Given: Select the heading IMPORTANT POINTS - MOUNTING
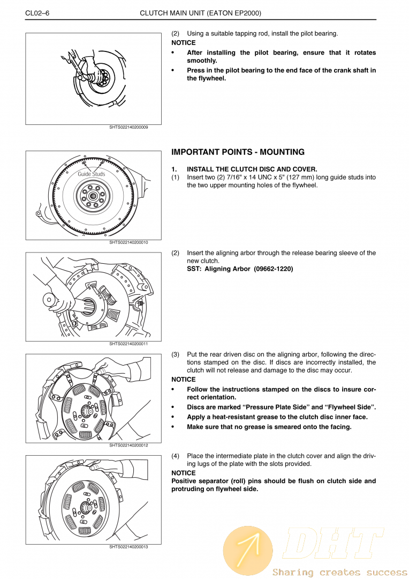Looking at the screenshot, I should [x=238, y=152].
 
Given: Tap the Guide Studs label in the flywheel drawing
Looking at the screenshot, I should [x=92, y=174].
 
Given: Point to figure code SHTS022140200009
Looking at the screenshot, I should [x=128, y=128].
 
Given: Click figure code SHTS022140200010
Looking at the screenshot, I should [x=128, y=242].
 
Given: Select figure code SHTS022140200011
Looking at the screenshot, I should [x=128, y=344].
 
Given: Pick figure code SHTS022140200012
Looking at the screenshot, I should [x=128, y=445].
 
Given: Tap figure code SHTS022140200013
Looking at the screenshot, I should [x=128, y=546].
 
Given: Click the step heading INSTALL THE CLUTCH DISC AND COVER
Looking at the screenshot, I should [x=252, y=169].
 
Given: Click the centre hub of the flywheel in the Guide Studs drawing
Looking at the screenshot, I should [x=93, y=196].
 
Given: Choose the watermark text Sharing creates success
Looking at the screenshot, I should [x=339, y=572].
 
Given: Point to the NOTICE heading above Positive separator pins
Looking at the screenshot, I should [x=183, y=473].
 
